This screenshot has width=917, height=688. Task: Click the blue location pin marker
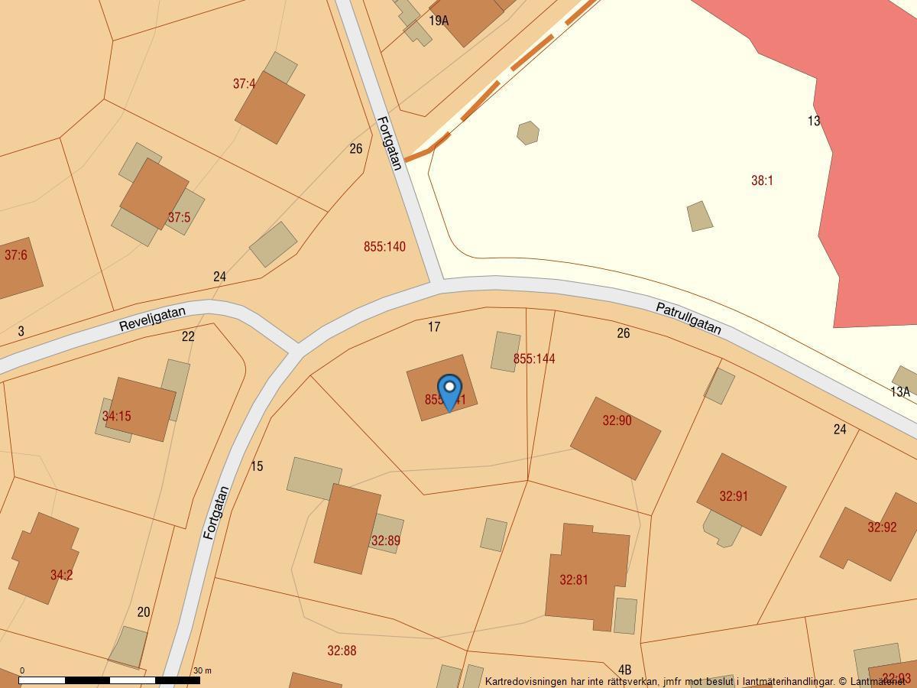click(x=449, y=391)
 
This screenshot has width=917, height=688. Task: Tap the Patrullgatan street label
click(x=689, y=318)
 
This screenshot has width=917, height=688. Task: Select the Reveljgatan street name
click(x=152, y=319)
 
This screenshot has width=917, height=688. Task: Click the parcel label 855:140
click(x=384, y=247)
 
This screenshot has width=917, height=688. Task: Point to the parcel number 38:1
click(x=762, y=180)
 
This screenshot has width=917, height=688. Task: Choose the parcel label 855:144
click(x=534, y=359)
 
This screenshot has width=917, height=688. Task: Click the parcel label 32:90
click(x=617, y=420)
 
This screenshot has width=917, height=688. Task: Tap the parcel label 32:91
click(x=734, y=496)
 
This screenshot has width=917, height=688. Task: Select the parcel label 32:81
click(x=574, y=580)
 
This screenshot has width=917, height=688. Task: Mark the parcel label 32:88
click(x=342, y=651)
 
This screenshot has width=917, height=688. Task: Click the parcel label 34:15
click(x=117, y=417)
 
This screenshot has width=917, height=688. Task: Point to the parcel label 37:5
click(x=179, y=218)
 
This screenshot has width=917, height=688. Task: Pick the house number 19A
click(x=439, y=21)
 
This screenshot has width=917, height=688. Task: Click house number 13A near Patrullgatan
click(x=900, y=392)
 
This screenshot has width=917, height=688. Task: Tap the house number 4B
click(x=624, y=670)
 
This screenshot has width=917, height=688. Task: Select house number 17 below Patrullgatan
click(x=434, y=327)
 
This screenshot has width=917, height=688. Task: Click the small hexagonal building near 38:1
click(x=528, y=133)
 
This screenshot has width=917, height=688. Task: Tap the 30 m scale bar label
click(x=203, y=670)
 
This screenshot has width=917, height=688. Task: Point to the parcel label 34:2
click(x=61, y=575)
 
